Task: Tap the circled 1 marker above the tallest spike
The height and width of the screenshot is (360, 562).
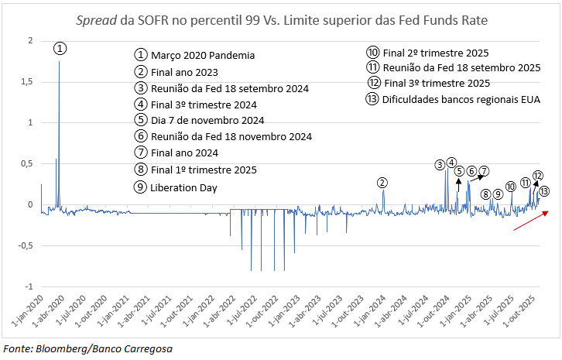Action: tap(60, 48)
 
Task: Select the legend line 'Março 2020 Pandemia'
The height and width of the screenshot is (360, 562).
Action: tap(203, 56)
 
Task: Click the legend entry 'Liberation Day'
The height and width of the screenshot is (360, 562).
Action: tap(184, 187)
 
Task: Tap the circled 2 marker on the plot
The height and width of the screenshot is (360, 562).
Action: tap(382, 183)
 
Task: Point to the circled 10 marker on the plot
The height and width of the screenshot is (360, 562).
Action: tap(510, 187)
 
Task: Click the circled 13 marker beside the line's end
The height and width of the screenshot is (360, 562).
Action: tap(544, 191)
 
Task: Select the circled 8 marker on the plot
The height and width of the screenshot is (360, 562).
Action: tap(485, 194)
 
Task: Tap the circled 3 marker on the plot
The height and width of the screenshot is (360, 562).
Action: tap(440, 164)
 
